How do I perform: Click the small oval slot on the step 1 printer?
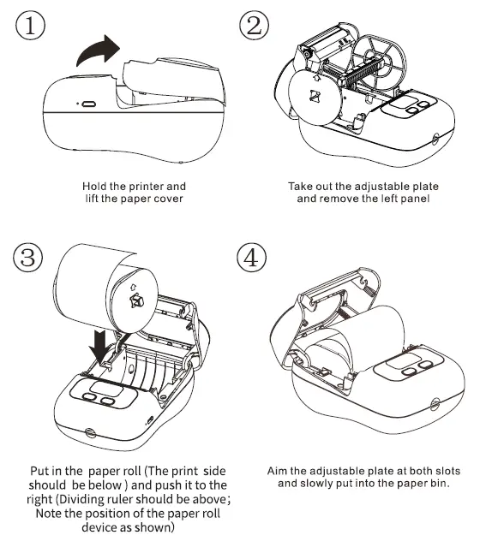tap(87, 103)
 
